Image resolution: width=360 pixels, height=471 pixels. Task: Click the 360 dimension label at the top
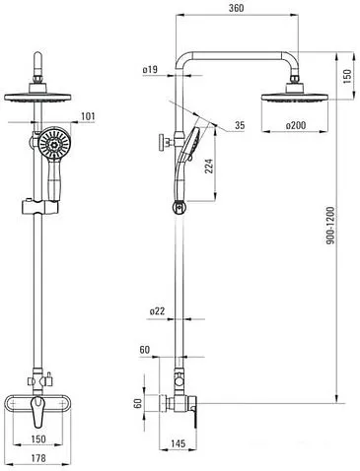(x=236, y=8)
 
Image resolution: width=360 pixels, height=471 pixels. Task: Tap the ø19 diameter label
(x=150, y=70)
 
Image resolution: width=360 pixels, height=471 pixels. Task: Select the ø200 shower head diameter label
(x=296, y=125)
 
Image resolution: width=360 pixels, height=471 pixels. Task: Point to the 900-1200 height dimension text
(x=330, y=226)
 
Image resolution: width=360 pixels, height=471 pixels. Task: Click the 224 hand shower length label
(x=209, y=167)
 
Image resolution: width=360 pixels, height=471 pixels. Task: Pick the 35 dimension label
(x=240, y=125)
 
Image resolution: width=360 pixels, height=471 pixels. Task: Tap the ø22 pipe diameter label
(x=157, y=311)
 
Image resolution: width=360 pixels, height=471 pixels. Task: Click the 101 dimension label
(x=88, y=116)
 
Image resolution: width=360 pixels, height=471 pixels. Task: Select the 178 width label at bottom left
(x=38, y=458)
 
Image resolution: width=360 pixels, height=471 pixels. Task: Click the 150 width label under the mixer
(x=38, y=438)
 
